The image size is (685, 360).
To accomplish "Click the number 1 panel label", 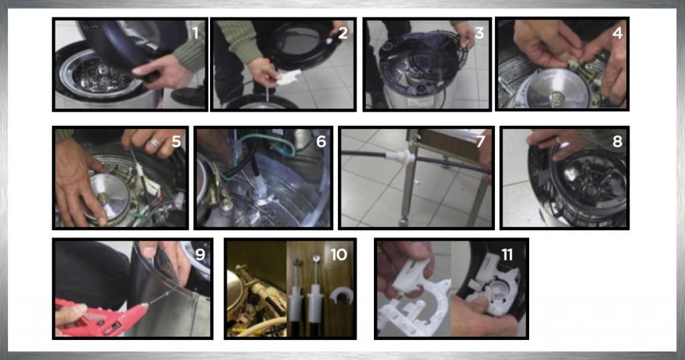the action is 195,33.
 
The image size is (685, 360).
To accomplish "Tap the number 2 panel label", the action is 343,33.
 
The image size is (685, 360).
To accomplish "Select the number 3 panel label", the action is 479,33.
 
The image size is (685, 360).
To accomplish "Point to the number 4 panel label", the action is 617,33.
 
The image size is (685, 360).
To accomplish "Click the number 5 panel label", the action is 177,141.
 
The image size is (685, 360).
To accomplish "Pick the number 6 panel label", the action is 321,141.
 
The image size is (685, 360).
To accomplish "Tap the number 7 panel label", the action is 480,141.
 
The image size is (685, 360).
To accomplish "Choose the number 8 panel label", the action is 617,141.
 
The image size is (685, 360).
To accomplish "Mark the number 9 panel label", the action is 200,254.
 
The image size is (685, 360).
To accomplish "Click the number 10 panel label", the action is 338,254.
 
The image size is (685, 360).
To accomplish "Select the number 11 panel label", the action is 507,254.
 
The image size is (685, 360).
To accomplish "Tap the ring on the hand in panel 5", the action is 155,143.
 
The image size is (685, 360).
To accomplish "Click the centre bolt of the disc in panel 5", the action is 103,197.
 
